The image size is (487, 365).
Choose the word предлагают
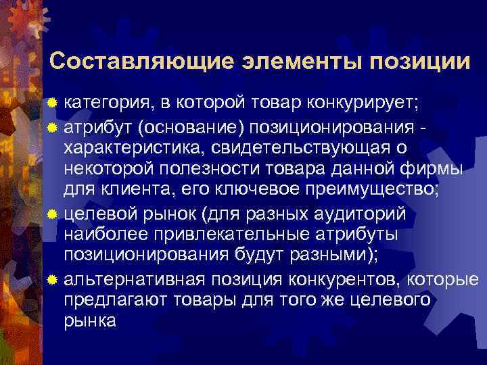pyautogui.click(x=112, y=301)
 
